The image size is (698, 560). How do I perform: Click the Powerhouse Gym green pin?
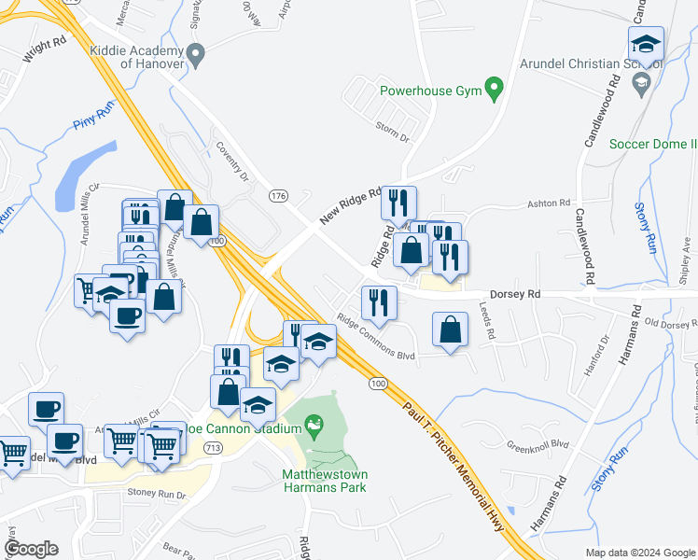click(x=496, y=91)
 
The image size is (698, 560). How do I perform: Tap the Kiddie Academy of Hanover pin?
click(x=195, y=56)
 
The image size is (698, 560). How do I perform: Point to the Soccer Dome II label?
click(x=652, y=144)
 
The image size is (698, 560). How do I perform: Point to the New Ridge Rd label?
click(x=351, y=204)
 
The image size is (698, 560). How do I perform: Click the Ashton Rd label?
click(x=548, y=203)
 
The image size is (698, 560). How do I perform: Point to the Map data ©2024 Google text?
click(x=639, y=552)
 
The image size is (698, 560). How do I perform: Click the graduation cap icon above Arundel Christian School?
click(x=645, y=43)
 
